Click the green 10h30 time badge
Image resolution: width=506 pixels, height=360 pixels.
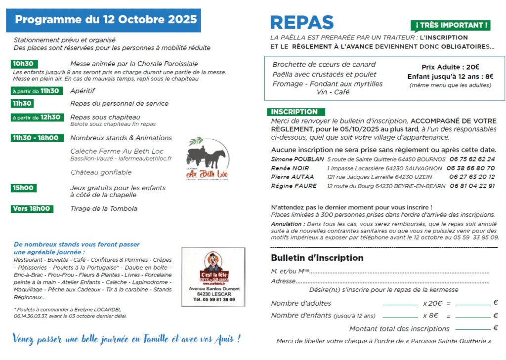click(x=24, y=64)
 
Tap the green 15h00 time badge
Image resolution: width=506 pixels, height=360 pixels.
click(x=24, y=188)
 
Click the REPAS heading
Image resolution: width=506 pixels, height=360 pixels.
click(x=302, y=22)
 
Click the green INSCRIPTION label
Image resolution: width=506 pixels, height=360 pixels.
click(x=295, y=112)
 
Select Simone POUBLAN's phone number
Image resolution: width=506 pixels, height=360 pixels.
click(x=472, y=159)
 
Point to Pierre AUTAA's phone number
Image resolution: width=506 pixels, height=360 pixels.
click(x=472, y=177)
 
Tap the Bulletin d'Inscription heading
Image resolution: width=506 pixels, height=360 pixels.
click(x=317, y=258)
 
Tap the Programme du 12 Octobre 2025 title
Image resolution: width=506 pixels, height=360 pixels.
click(x=106, y=20)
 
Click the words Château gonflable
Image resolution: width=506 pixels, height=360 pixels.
click(x=101, y=172)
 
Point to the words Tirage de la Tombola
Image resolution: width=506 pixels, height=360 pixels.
click(x=104, y=209)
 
